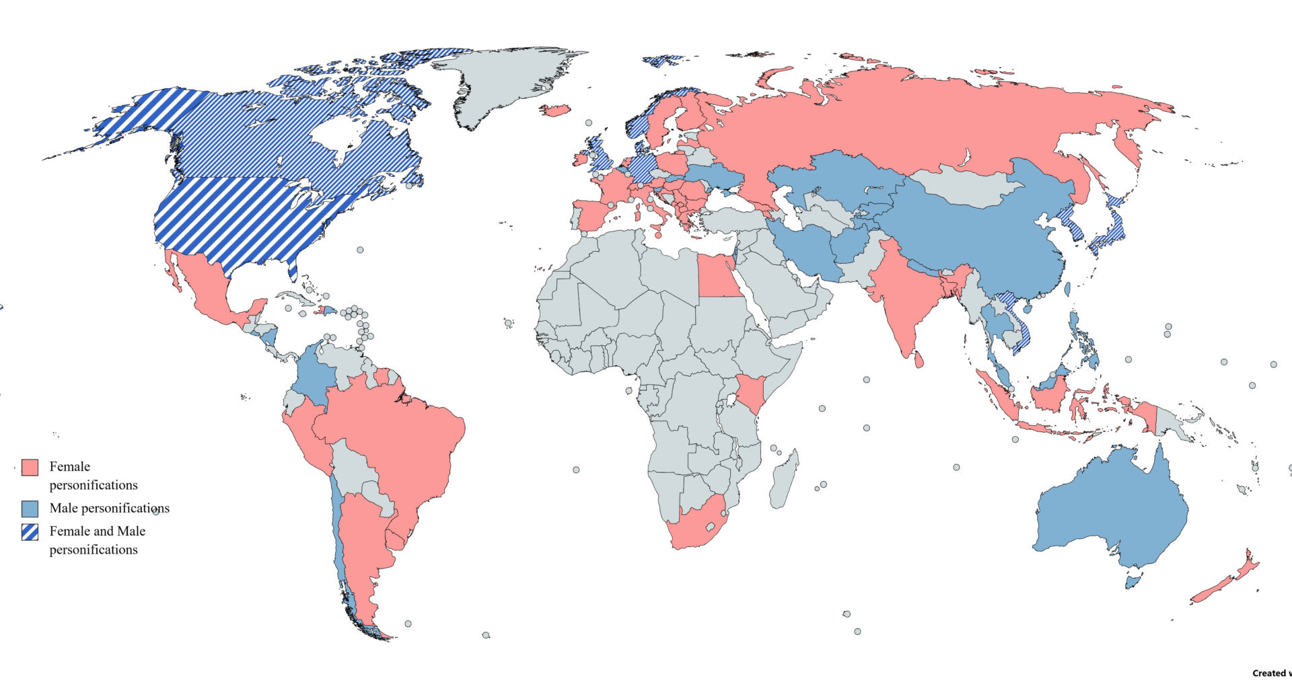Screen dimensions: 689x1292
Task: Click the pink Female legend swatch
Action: pyautogui.click(x=30, y=468)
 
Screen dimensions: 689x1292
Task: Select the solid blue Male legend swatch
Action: pyautogui.click(x=30, y=508)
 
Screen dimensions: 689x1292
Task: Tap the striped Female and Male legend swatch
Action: pyautogui.click(x=30, y=532)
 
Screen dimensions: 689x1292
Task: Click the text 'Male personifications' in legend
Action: pyautogui.click(x=109, y=508)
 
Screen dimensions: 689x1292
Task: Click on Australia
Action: pyautogui.click(x=1110, y=511)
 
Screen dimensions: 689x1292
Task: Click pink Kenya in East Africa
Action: pyautogui.click(x=750, y=394)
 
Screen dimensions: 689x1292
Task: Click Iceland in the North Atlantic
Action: pyautogui.click(x=555, y=110)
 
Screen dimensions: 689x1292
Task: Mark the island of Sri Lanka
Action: pyautogui.click(x=919, y=359)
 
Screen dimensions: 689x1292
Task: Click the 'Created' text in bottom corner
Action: pyautogui.click(x=1270, y=673)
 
